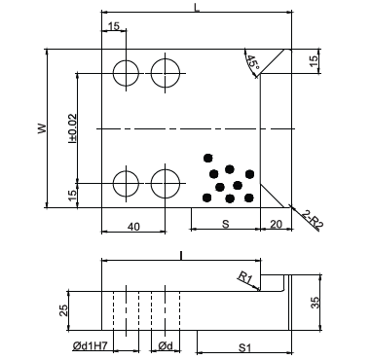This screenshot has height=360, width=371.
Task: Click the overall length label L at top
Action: click(x=197, y=7)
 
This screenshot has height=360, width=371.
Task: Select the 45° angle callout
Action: click(x=253, y=62)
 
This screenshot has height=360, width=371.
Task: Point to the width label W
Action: click(x=42, y=128)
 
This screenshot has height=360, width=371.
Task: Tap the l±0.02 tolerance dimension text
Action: click(x=73, y=128)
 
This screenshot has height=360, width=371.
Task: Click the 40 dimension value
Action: click(x=133, y=227)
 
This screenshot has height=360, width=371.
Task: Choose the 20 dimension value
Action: click(x=277, y=224)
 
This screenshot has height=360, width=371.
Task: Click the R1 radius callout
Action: click(x=245, y=277)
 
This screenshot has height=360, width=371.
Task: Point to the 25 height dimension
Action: click(x=64, y=310)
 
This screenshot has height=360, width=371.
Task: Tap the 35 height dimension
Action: click(x=315, y=303)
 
